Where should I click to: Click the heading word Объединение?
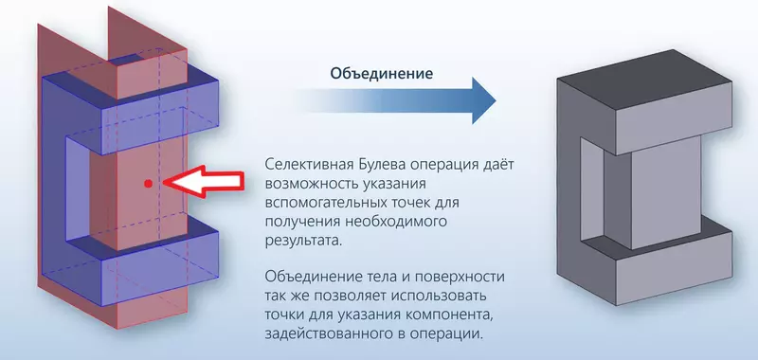(x=382, y=73)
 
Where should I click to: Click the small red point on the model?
(x=147, y=181)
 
